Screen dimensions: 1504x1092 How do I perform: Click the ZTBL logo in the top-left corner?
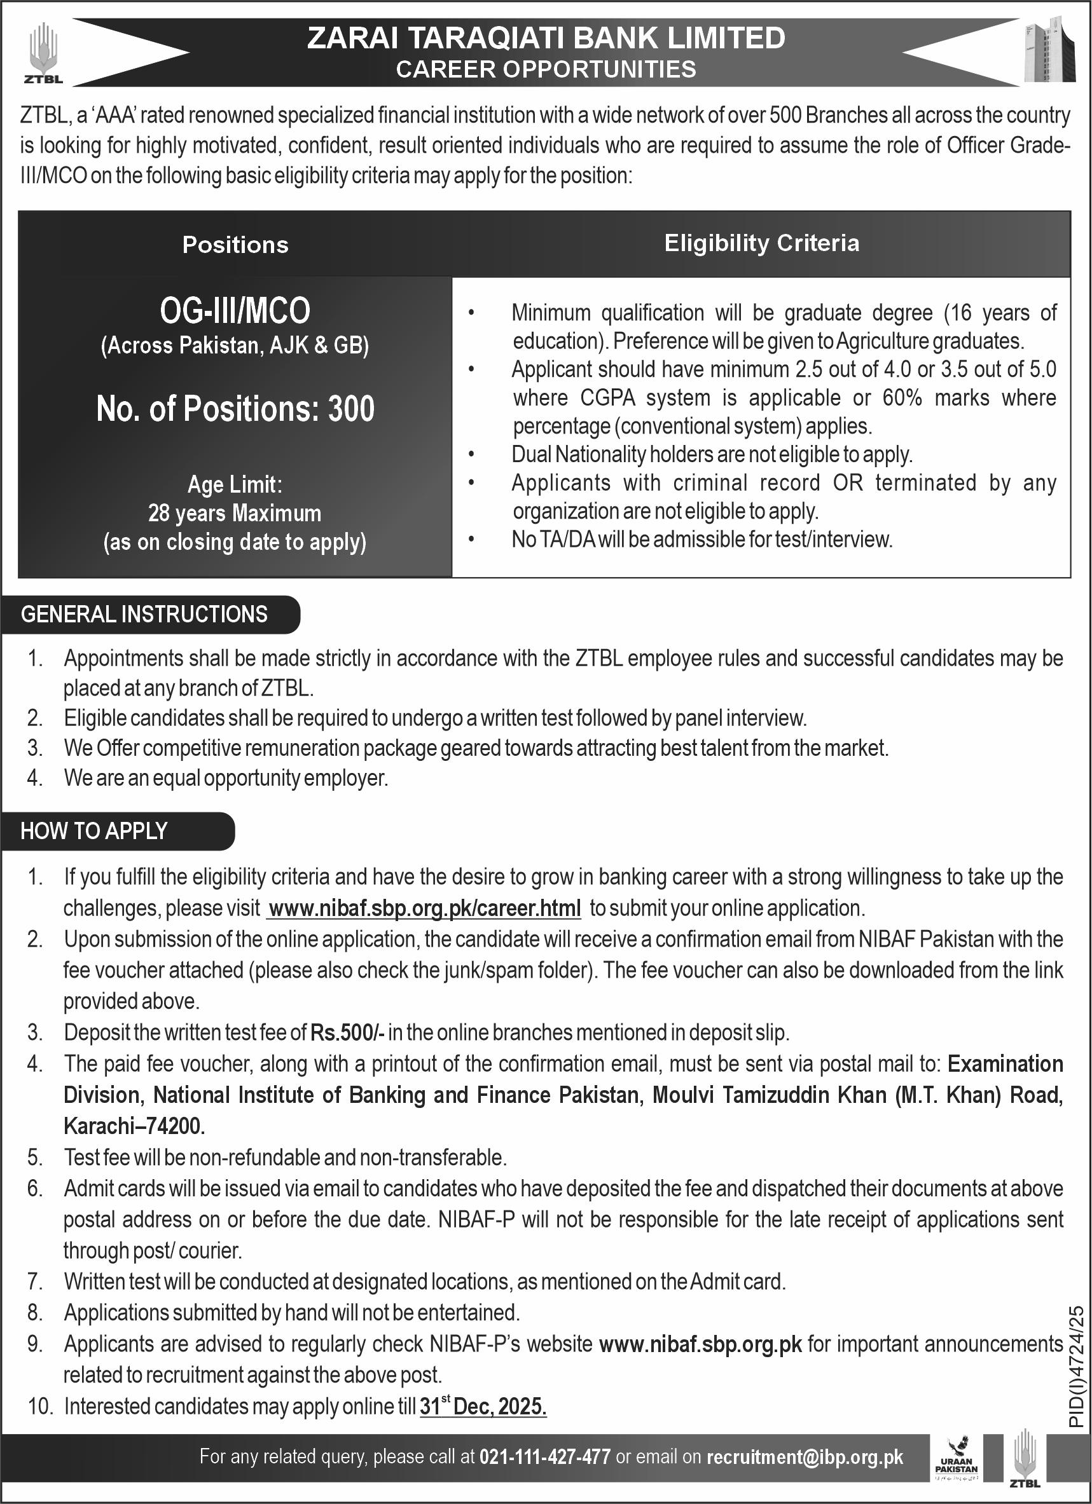click(x=43, y=53)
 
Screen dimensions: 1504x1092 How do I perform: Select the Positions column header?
click(x=235, y=245)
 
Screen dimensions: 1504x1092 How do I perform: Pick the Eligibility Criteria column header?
click(x=762, y=243)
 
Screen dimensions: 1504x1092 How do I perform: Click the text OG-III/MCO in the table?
click(x=235, y=310)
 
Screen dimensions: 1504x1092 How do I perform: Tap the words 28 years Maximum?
click(x=235, y=513)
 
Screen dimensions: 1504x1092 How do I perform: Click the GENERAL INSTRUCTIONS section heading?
click(x=144, y=614)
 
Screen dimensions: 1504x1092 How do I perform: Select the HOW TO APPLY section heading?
click(x=93, y=831)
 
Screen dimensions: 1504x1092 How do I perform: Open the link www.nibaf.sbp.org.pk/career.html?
click(x=425, y=908)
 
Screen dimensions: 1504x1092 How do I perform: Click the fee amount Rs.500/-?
click(x=347, y=1032)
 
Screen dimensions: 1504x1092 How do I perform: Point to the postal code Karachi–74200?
click(x=134, y=1126)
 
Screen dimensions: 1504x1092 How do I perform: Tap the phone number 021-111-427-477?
click(x=544, y=1457)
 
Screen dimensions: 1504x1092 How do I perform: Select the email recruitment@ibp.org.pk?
click(x=805, y=1457)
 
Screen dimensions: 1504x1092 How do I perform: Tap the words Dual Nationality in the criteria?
click(x=578, y=455)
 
